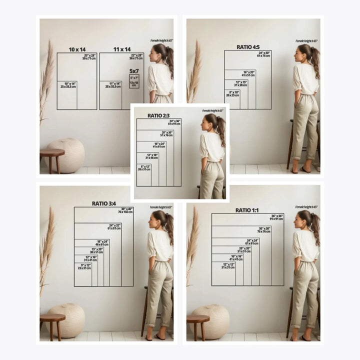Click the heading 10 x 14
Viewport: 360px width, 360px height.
point(77,49)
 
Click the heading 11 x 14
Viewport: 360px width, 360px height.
point(121,49)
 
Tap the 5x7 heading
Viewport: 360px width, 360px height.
point(134,71)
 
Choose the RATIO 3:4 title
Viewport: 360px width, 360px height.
point(103,203)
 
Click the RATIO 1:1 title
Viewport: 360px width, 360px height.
point(247,210)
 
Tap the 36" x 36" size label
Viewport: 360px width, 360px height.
point(276,217)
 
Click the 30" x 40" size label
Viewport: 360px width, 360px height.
point(126,210)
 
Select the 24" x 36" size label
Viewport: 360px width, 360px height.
point(174,122)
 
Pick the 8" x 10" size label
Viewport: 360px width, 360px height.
point(232,93)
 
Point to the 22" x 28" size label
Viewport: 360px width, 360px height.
point(136,56)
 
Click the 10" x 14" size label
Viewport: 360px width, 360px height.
point(68,85)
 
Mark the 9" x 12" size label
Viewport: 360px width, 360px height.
point(84,266)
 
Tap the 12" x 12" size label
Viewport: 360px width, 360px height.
point(228,265)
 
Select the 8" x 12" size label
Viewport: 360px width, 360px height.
point(145,167)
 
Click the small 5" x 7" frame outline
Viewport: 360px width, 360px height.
point(134,81)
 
